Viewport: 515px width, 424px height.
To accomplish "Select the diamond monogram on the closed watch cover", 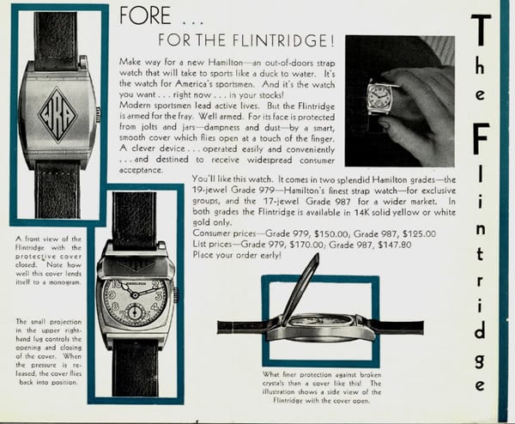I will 54,112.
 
